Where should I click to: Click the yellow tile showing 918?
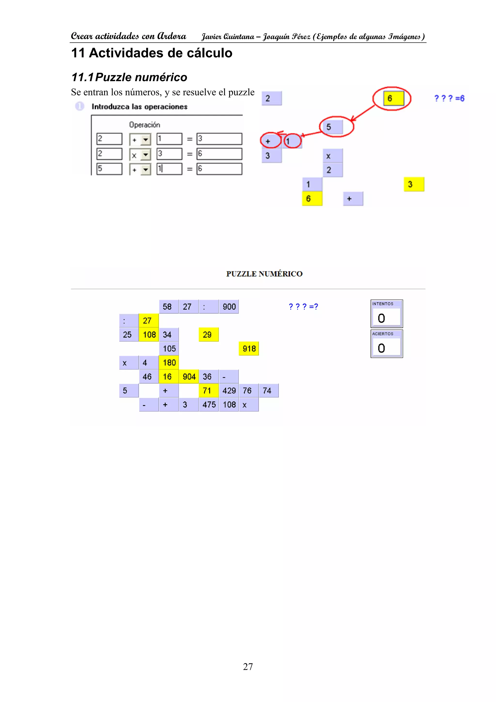248,349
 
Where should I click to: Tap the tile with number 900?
229,307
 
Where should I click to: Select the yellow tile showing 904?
189,377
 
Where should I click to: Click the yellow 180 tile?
169,363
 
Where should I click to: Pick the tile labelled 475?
209,405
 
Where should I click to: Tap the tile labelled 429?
229,391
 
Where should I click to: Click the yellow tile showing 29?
209,335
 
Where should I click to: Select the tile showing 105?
169,349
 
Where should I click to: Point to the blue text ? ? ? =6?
449,98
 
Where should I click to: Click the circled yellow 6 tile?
393,98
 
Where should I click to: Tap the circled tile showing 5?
333,127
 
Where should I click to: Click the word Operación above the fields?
145,125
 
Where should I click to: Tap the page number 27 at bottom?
248,667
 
